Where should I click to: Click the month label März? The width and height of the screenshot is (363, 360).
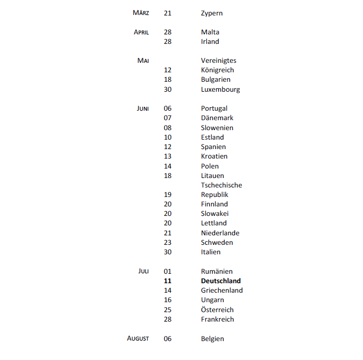(x=141, y=13)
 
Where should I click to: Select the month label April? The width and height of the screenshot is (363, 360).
(x=141, y=32)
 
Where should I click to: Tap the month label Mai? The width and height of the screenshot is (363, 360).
(x=143, y=61)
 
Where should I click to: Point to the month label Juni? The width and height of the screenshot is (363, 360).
(x=142, y=109)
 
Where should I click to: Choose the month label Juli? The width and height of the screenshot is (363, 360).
(x=143, y=272)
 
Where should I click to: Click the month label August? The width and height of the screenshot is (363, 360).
(x=138, y=339)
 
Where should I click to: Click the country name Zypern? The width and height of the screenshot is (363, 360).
(x=212, y=13)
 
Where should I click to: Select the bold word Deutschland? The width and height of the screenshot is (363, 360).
(x=221, y=281)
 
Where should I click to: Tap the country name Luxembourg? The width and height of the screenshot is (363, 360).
(x=220, y=90)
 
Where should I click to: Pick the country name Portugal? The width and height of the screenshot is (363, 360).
(x=214, y=109)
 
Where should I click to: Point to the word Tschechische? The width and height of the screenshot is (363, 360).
(x=221, y=185)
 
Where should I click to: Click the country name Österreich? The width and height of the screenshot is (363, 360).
(x=217, y=310)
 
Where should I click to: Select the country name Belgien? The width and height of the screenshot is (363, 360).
(x=212, y=339)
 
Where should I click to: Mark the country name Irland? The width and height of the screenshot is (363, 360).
(x=210, y=42)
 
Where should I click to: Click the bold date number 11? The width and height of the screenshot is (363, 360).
(x=167, y=281)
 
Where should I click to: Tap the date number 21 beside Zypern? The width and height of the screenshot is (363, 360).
(x=167, y=13)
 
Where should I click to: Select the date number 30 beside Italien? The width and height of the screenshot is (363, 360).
(x=167, y=252)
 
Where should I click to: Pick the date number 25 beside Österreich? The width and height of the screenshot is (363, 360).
(x=167, y=310)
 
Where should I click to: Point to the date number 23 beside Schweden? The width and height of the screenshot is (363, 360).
(x=167, y=243)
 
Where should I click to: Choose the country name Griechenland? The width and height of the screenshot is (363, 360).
(x=222, y=291)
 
